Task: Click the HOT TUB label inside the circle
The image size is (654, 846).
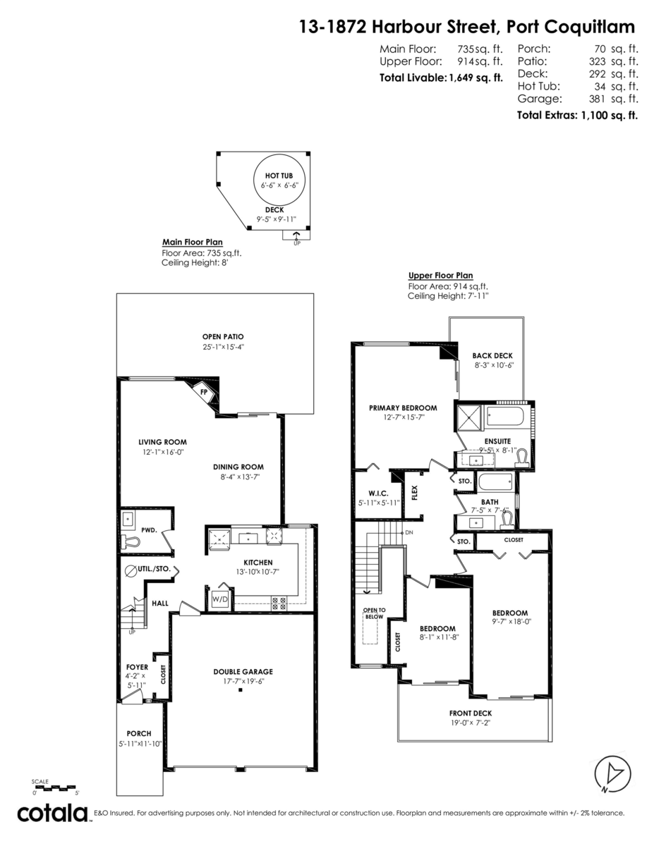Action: pos(274,176)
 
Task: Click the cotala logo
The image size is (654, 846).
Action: pos(54,813)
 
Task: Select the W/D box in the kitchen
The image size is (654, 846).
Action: pos(219,599)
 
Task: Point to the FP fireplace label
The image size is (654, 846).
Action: pos(204,392)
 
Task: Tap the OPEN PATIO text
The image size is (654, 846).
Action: pos(222,337)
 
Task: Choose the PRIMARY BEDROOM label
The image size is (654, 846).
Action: pos(403,407)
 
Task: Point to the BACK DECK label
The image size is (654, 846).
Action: pos(492,356)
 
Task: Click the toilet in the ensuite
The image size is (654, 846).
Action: pos(522,458)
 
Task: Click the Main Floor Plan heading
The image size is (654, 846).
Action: pos(193,241)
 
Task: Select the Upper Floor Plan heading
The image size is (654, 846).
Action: pos(440,276)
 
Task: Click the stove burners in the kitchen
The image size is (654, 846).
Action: pos(279,603)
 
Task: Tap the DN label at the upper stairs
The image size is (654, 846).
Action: pos(408,533)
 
